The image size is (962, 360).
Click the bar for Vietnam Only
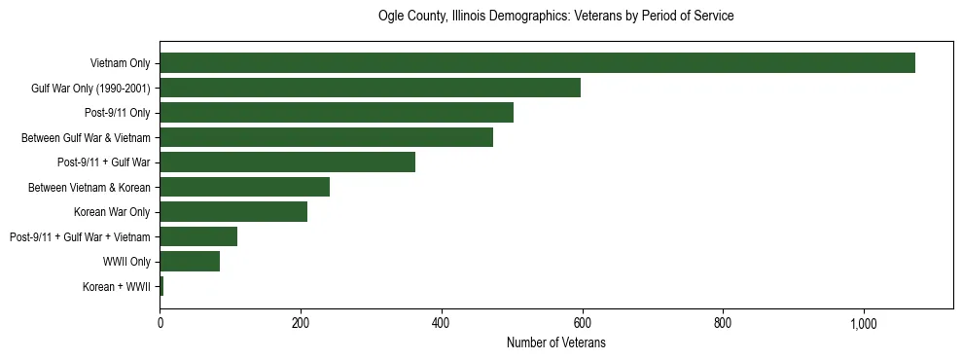537,63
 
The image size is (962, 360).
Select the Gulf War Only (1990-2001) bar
370,88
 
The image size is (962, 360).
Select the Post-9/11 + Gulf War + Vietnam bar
198,236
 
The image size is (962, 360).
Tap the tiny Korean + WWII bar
161,286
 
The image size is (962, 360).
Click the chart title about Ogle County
555,17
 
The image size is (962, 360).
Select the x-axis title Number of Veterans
555,342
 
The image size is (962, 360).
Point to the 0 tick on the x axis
160,322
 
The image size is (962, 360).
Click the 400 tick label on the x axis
442,322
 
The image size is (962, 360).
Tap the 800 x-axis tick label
723,322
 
